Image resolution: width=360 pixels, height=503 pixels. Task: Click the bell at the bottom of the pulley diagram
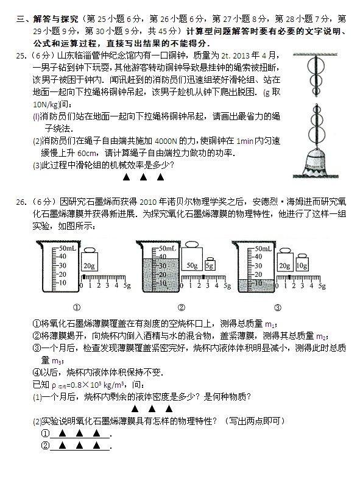click(x=317, y=163)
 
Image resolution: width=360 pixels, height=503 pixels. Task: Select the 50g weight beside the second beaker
click(x=194, y=261)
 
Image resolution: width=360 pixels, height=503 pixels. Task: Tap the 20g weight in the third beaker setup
click(x=284, y=264)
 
